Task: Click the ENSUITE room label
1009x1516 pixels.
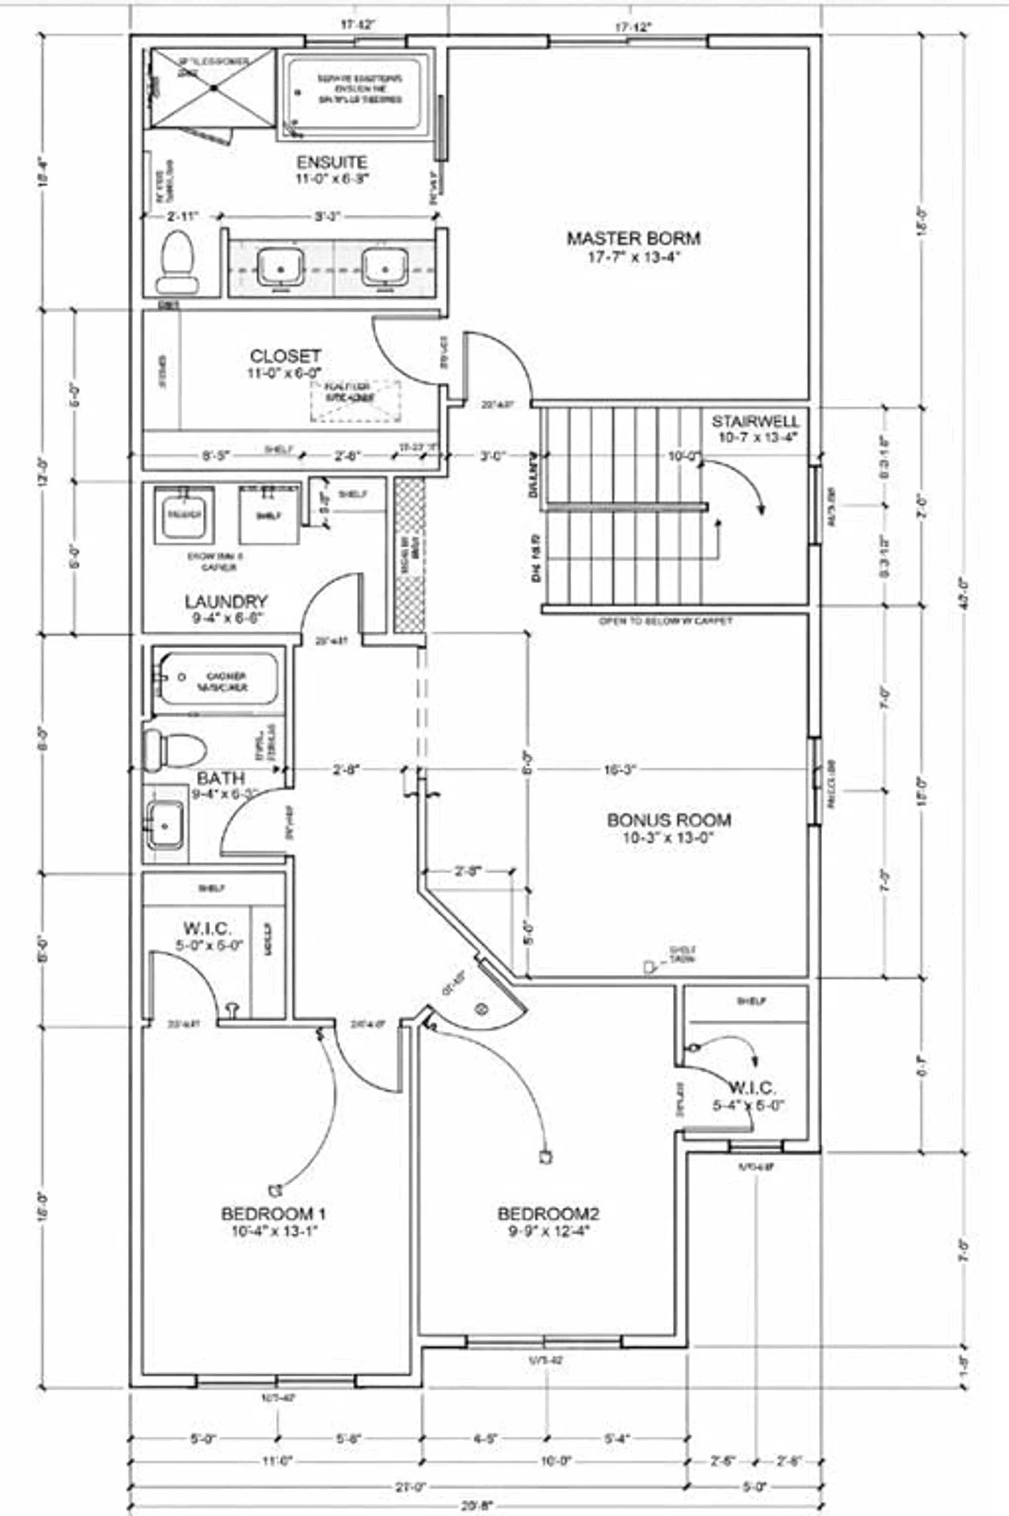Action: (331, 162)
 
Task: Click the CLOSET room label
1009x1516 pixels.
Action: (285, 356)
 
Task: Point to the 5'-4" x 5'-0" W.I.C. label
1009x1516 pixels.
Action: (751, 1089)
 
